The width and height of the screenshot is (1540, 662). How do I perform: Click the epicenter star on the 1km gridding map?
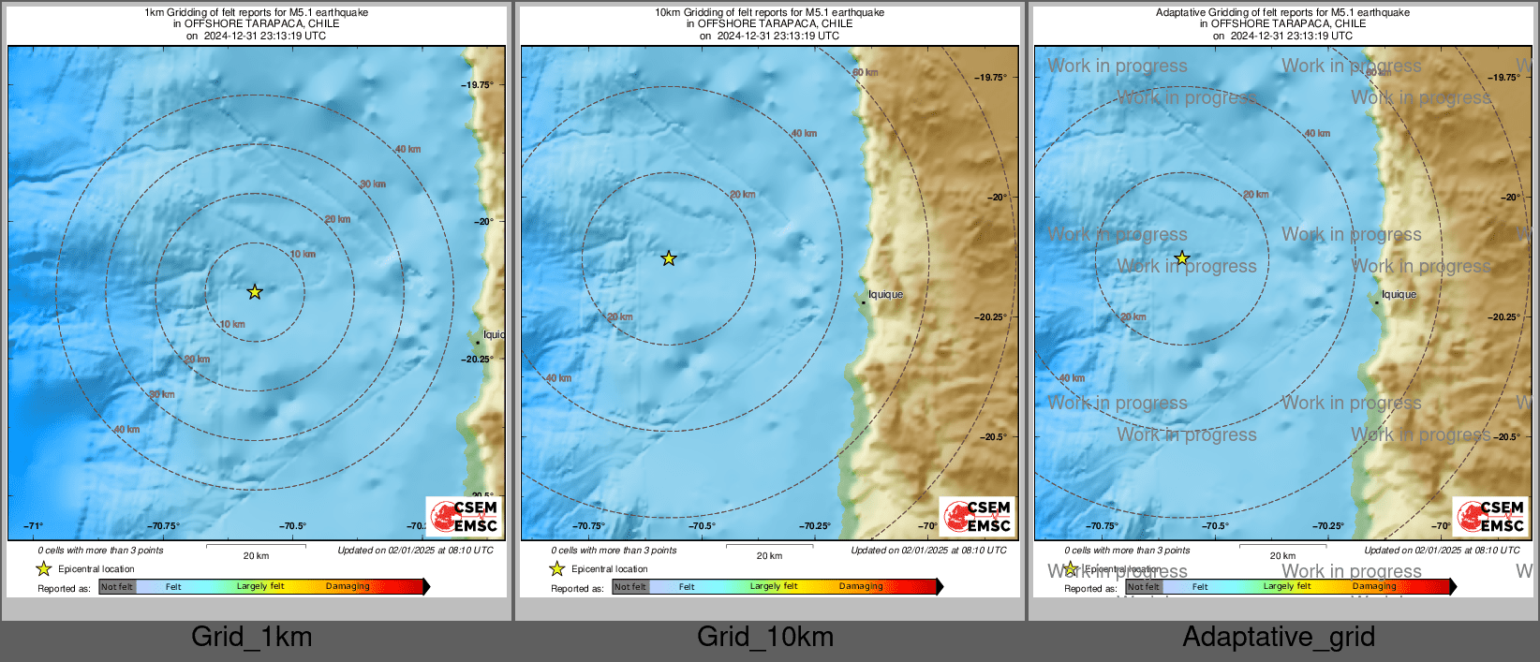[255, 292]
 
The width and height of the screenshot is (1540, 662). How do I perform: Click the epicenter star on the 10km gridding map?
[668, 258]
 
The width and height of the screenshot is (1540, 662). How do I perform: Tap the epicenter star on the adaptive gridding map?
[1182, 258]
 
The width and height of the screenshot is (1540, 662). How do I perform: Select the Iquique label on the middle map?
[885, 295]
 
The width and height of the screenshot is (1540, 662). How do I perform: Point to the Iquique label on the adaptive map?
[1399, 295]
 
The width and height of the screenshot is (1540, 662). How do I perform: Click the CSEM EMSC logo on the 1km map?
[465, 516]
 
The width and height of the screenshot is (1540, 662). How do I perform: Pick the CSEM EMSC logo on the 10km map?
[978, 516]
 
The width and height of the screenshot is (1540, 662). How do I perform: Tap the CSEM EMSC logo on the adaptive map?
[1491, 516]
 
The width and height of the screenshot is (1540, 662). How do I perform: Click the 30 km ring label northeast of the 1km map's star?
[373, 184]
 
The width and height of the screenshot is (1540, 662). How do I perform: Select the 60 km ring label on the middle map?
[865, 73]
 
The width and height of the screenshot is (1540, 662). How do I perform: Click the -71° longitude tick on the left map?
[33, 526]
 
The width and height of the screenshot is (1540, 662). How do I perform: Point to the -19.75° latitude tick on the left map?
[478, 85]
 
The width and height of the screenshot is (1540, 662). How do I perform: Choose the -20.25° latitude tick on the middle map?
[991, 317]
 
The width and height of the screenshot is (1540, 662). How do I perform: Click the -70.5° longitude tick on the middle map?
[702, 526]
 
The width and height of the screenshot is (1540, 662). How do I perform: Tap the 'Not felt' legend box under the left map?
[117, 587]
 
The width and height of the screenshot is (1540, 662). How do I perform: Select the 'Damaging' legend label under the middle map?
[861, 587]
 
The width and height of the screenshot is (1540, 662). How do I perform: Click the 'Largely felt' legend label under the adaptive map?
[1287, 587]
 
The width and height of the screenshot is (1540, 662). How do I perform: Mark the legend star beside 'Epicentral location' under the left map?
[44, 568]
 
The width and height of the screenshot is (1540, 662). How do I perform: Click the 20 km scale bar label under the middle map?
[769, 556]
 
